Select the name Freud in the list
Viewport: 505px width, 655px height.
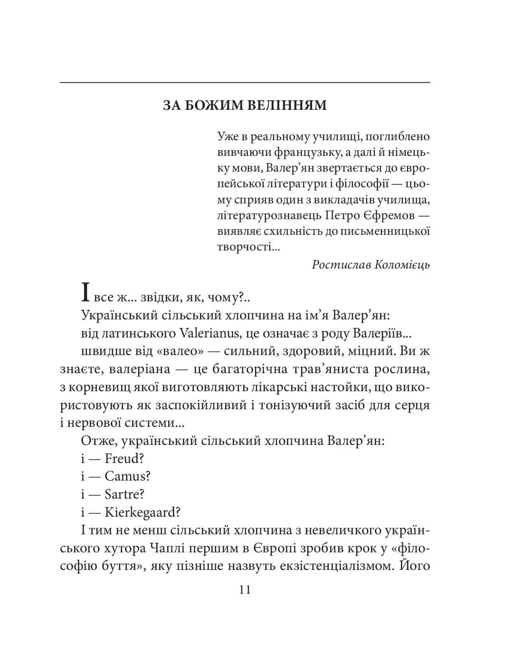coord(124,459)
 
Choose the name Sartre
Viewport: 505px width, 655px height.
coord(124,494)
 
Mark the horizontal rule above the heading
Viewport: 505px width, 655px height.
coord(245,83)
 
